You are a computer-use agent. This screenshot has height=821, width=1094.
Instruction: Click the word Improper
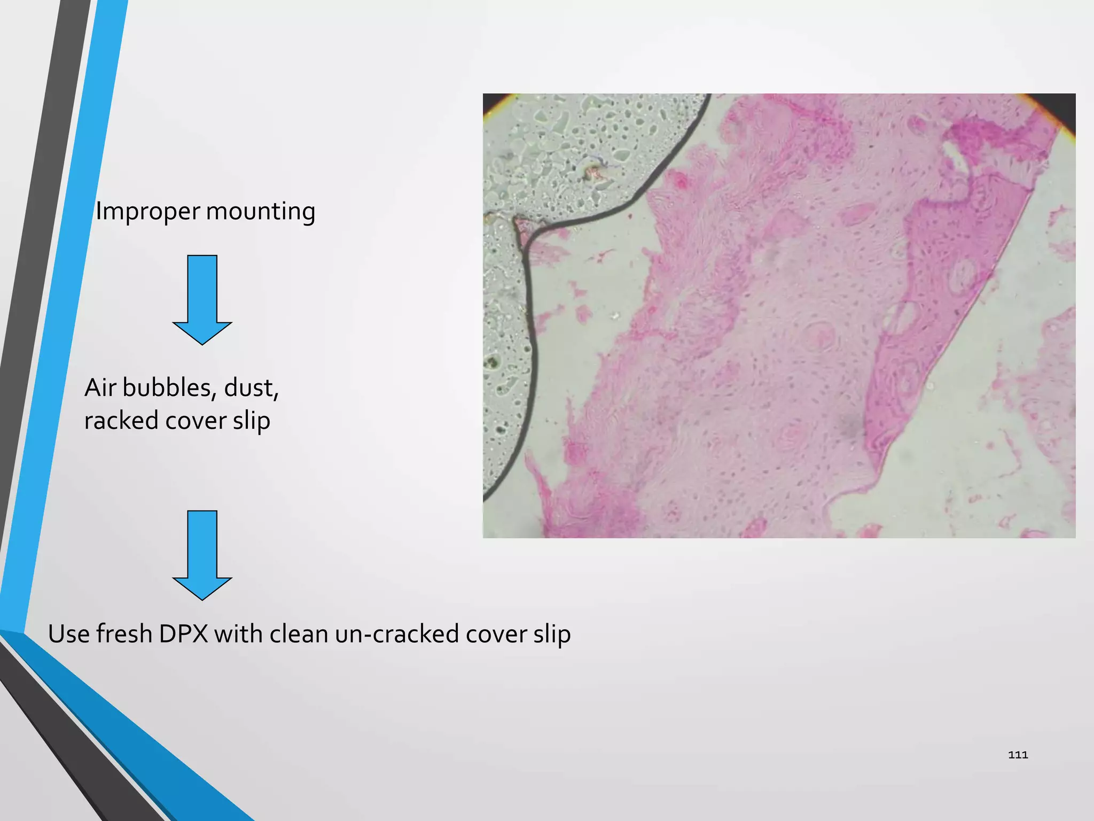click(x=147, y=212)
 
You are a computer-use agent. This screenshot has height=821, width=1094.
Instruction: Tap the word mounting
click(x=261, y=212)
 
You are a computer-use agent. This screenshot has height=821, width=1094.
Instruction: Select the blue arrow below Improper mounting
click(x=202, y=299)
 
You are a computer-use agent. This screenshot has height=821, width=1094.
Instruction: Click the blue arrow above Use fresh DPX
click(x=202, y=555)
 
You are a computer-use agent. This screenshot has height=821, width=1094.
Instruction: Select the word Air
click(x=100, y=388)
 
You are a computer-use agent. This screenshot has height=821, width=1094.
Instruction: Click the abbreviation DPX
click(x=183, y=634)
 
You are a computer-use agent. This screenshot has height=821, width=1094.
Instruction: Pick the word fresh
click(x=124, y=634)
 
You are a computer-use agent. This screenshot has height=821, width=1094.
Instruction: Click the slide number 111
click(x=1018, y=755)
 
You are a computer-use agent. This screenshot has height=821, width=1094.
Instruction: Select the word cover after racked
click(x=196, y=421)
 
